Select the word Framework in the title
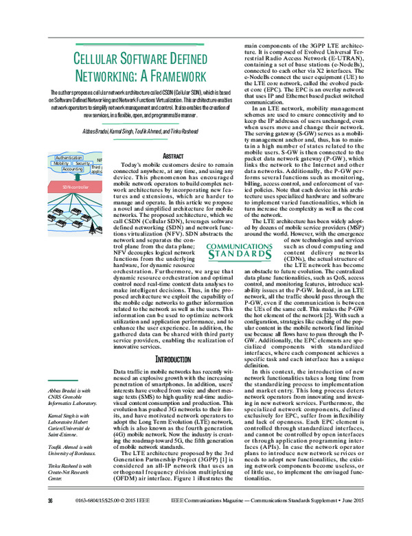171,75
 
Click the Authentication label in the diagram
69,157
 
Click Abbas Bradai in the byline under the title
95,131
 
